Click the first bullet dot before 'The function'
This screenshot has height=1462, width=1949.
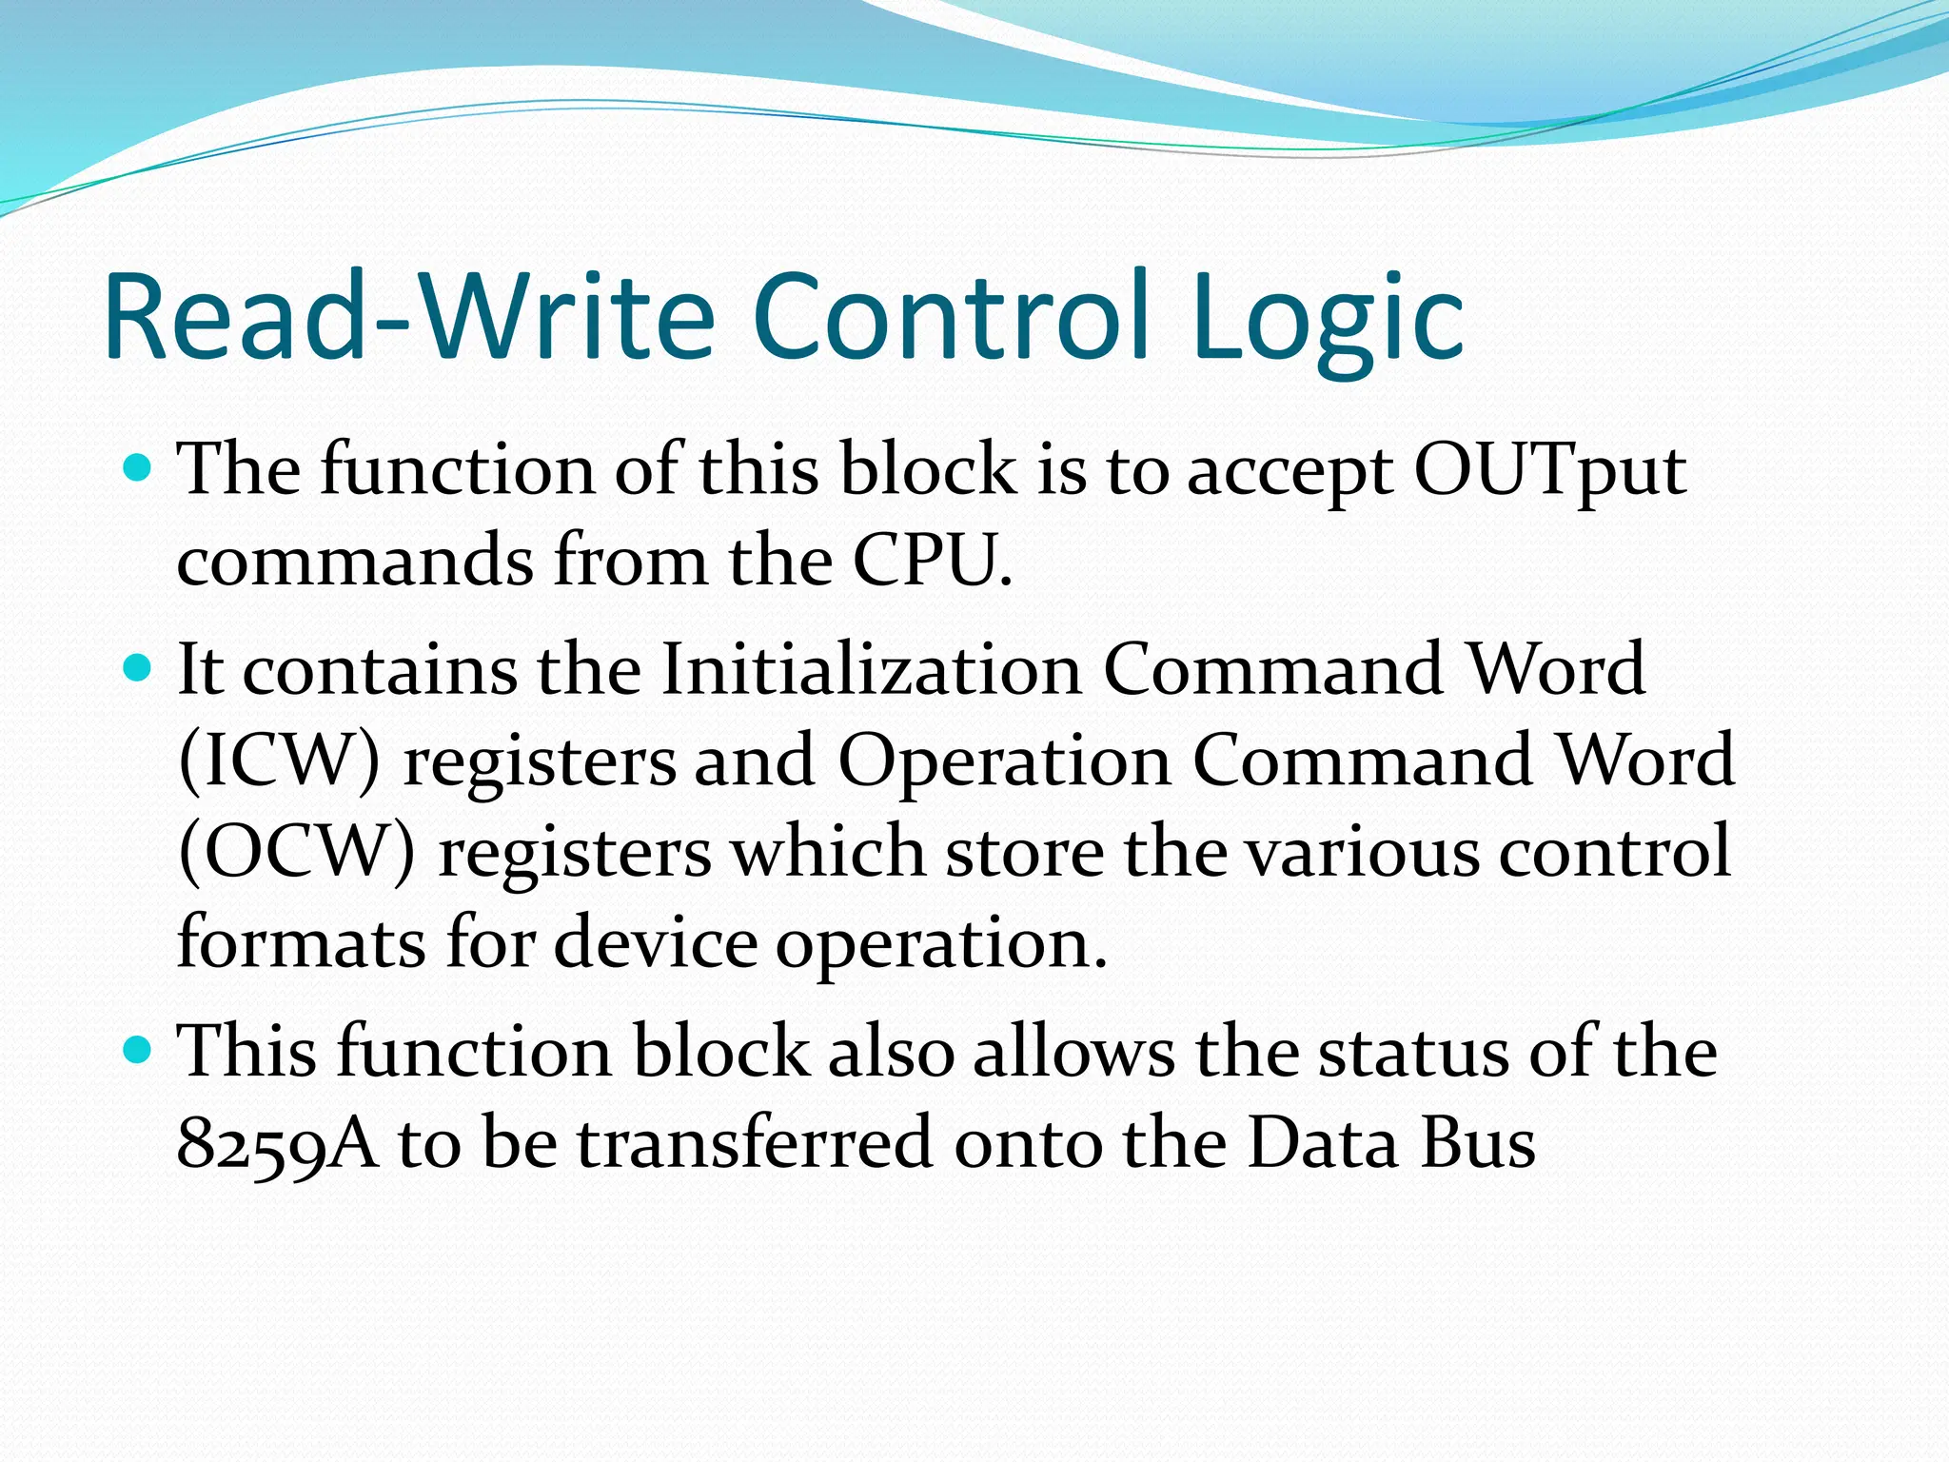click(139, 468)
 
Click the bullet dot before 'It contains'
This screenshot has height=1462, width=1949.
click(139, 668)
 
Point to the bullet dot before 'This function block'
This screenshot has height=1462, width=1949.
click(139, 1051)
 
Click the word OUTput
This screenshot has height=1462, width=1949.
click(1549, 470)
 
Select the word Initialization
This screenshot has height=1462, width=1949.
click(870, 669)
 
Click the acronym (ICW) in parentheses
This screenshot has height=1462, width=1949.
click(279, 761)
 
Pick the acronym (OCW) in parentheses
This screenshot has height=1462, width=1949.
click(296, 851)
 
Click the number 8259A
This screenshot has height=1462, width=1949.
click(277, 1143)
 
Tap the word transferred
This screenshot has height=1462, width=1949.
click(755, 1142)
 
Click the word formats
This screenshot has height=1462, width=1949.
click(301, 941)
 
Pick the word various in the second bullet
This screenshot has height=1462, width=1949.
click(1363, 851)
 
